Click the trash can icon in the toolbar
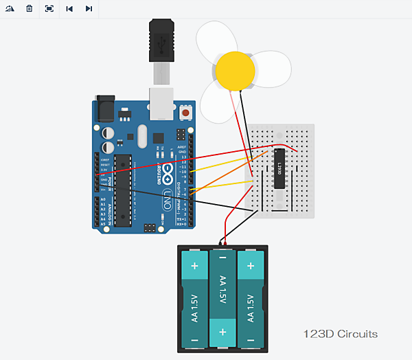click(29, 8)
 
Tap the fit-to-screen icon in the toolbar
click(49, 8)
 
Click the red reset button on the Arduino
click(186, 112)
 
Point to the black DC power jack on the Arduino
click(105, 108)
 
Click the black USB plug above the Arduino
click(161, 42)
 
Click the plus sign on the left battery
click(194, 266)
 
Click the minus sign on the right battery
click(251, 339)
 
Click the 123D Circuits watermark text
click(341, 335)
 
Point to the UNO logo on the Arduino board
click(167, 200)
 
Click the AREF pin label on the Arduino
click(181, 147)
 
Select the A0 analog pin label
click(102, 199)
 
